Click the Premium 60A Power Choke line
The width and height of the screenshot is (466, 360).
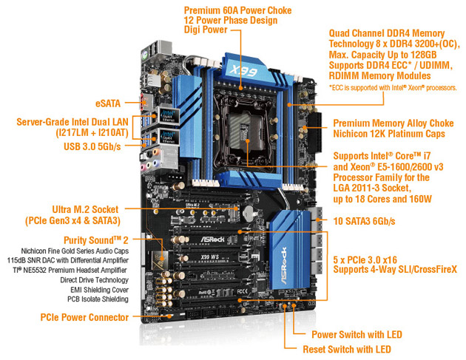click(226, 10)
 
